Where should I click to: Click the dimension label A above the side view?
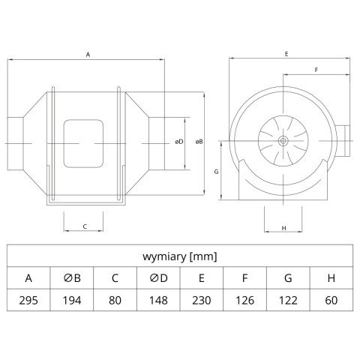(x=88, y=55)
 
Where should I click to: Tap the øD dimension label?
(x=179, y=142)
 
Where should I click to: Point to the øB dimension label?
(x=199, y=142)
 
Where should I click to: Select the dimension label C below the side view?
(x=85, y=226)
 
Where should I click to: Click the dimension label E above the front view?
(x=286, y=54)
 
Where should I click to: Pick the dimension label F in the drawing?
(x=316, y=70)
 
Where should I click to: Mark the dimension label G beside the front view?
(x=217, y=172)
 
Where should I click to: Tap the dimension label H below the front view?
(x=283, y=228)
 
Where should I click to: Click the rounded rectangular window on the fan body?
(x=83, y=143)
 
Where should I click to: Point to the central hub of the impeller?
(x=283, y=141)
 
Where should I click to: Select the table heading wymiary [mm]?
(x=180, y=256)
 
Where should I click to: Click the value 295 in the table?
(x=28, y=300)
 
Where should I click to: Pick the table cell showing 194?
(x=72, y=300)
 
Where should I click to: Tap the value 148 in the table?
(x=158, y=300)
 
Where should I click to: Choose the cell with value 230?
(x=202, y=300)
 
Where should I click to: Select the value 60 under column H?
(x=331, y=300)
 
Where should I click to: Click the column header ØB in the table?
(x=72, y=278)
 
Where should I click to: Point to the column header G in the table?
(x=288, y=278)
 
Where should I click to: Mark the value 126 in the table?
(x=244, y=300)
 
